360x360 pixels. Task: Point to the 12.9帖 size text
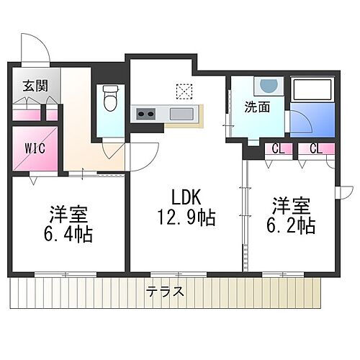186,215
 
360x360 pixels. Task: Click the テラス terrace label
164,292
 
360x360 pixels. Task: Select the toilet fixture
110,99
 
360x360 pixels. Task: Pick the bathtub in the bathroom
312,90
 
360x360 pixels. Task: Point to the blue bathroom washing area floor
312,119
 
